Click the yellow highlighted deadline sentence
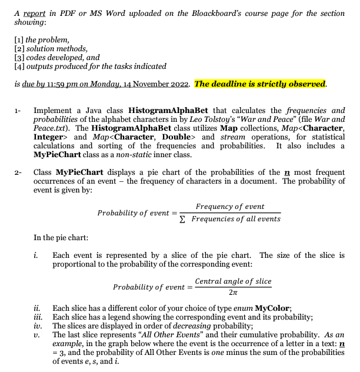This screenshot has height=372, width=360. [x=260, y=84]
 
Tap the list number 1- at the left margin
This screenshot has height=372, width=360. [x=18, y=110]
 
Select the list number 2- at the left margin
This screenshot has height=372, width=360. [x=18, y=172]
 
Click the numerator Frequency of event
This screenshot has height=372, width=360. [x=229, y=207]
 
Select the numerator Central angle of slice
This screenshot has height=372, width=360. [x=233, y=281]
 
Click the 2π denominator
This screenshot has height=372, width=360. [x=233, y=293]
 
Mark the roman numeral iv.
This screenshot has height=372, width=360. [x=38, y=325]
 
